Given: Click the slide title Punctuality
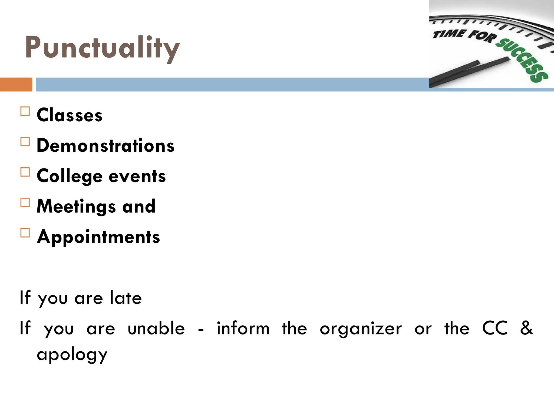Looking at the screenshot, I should coord(102,48).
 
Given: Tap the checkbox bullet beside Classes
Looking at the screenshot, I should coord(25,111).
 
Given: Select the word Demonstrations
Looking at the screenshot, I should coord(105,145).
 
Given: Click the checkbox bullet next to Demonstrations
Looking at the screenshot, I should coord(25,142).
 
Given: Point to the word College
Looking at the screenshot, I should coord(70,176).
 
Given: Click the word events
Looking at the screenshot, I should coord(137,176).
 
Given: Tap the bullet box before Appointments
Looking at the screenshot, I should coord(25,233).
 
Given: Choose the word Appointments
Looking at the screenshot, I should coord(98,237).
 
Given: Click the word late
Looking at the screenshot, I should coord(126,298).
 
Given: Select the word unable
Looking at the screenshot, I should coord(156,328).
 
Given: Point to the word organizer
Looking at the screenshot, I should coord(361,329).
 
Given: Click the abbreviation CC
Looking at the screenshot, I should coord(495,328).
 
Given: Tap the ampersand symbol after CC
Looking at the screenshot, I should coord(526,328).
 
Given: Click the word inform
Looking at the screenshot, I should coord(243,328).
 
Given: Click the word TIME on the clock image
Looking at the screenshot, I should coord(449,34).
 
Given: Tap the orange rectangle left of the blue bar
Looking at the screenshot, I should coord(16,84).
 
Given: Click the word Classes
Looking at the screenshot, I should coord(70,115).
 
